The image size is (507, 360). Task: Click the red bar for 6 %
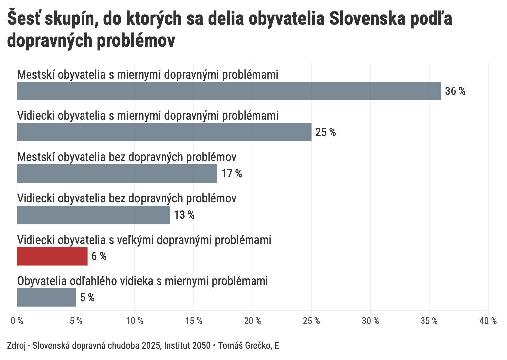(x=52, y=256)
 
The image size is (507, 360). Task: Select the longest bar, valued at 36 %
(x=229, y=91)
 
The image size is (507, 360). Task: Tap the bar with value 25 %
(x=164, y=132)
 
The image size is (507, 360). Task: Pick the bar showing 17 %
(x=117, y=173)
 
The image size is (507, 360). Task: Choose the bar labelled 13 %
(x=93, y=215)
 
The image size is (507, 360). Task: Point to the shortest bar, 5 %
(x=46, y=297)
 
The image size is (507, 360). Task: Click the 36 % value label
(x=455, y=91)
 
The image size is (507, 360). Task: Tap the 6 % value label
(x=99, y=256)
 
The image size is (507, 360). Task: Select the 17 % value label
(x=232, y=174)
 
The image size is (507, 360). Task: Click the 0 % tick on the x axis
(x=17, y=321)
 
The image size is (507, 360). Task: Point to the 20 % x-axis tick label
(x=253, y=321)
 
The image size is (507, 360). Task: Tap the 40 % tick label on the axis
(x=488, y=321)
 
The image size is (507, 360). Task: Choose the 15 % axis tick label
(x=194, y=321)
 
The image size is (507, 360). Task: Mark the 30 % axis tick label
(x=370, y=321)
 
